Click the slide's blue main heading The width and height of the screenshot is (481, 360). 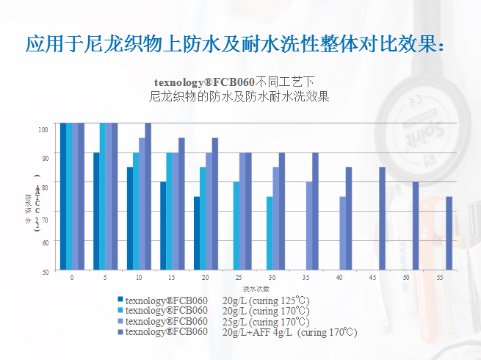click(x=235, y=43)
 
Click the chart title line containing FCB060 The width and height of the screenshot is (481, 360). click(x=234, y=82)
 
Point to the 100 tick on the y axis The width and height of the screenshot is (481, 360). click(x=43, y=129)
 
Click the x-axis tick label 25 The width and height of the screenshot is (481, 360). click(x=239, y=278)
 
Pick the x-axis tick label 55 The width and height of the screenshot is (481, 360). click(x=438, y=278)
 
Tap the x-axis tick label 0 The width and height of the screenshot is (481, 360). click(x=72, y=278)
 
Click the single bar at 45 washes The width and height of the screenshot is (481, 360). click(x=382, y=219)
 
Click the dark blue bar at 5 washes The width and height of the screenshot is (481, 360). click(x=96, y=212)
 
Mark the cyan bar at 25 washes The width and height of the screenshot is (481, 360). click(x=236, y=226)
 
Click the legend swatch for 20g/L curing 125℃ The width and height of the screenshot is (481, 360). click(x=120, y=300)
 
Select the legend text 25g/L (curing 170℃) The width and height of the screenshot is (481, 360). click(x=265, y=322)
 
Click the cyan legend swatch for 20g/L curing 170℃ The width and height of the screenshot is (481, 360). click(x=120, y=311)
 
